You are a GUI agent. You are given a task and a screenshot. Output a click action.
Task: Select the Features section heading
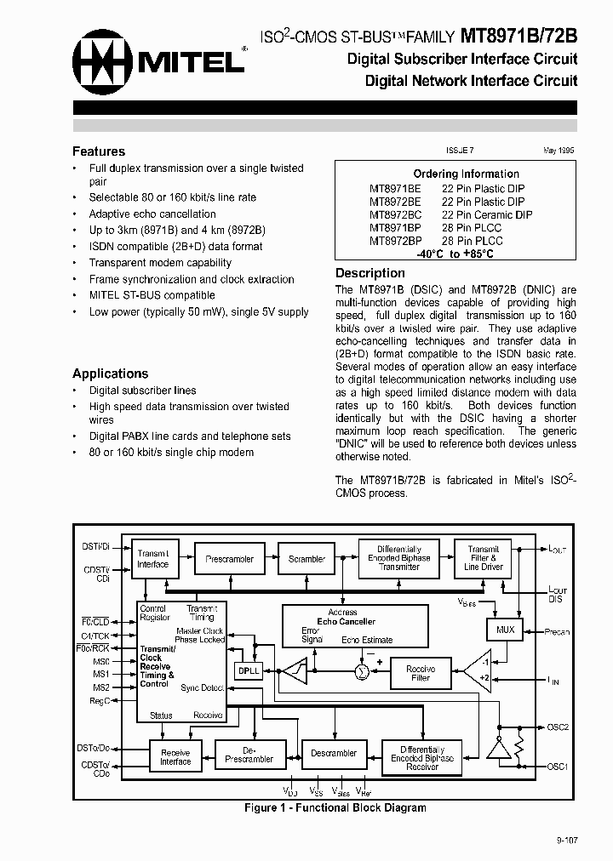99,151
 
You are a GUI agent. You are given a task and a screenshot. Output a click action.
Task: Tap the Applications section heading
110,373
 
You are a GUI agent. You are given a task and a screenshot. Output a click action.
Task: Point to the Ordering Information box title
466,174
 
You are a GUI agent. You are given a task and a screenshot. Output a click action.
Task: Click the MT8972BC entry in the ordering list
395,215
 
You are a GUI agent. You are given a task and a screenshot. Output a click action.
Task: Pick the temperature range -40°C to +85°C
455,254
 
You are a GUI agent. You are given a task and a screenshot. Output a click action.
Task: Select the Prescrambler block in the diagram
230,559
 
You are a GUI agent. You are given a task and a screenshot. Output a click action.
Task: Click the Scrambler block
306,559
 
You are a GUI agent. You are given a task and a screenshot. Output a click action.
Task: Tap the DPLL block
249,670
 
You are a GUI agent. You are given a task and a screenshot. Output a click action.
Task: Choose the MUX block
506,630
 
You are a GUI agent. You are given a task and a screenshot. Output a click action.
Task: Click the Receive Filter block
421,673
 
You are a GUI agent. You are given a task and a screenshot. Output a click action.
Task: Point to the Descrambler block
334,753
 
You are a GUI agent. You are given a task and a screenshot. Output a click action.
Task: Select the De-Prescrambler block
249,755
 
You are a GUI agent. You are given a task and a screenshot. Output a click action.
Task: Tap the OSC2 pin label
558,727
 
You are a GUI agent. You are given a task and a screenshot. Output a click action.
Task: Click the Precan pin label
557,632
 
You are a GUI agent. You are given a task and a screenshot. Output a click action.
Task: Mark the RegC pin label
100,701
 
